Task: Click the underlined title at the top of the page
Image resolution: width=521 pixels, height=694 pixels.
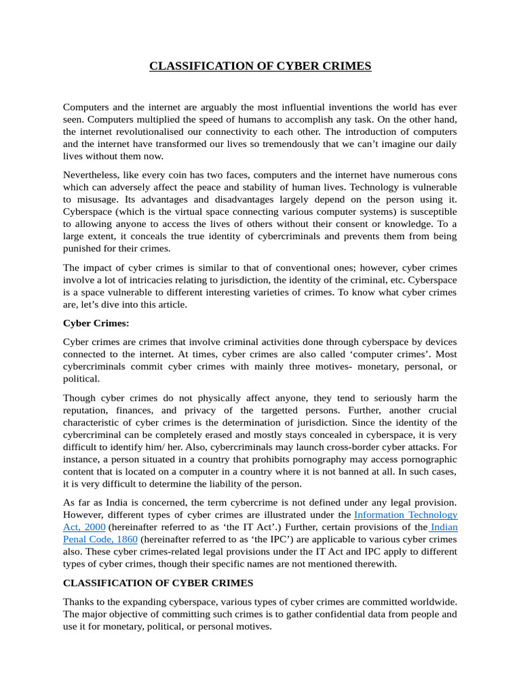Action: (x=260, y=66)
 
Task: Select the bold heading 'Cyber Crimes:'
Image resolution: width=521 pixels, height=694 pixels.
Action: (x=96, y=323)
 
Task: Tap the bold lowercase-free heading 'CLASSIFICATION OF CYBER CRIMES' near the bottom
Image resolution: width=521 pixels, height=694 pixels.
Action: (x=158, y=583)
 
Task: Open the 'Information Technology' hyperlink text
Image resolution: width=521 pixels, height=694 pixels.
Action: (x=406, y=515)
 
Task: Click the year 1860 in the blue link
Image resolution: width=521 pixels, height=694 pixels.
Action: (x=126, y=539)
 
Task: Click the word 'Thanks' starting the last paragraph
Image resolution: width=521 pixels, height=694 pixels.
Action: (x=79, y=602)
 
